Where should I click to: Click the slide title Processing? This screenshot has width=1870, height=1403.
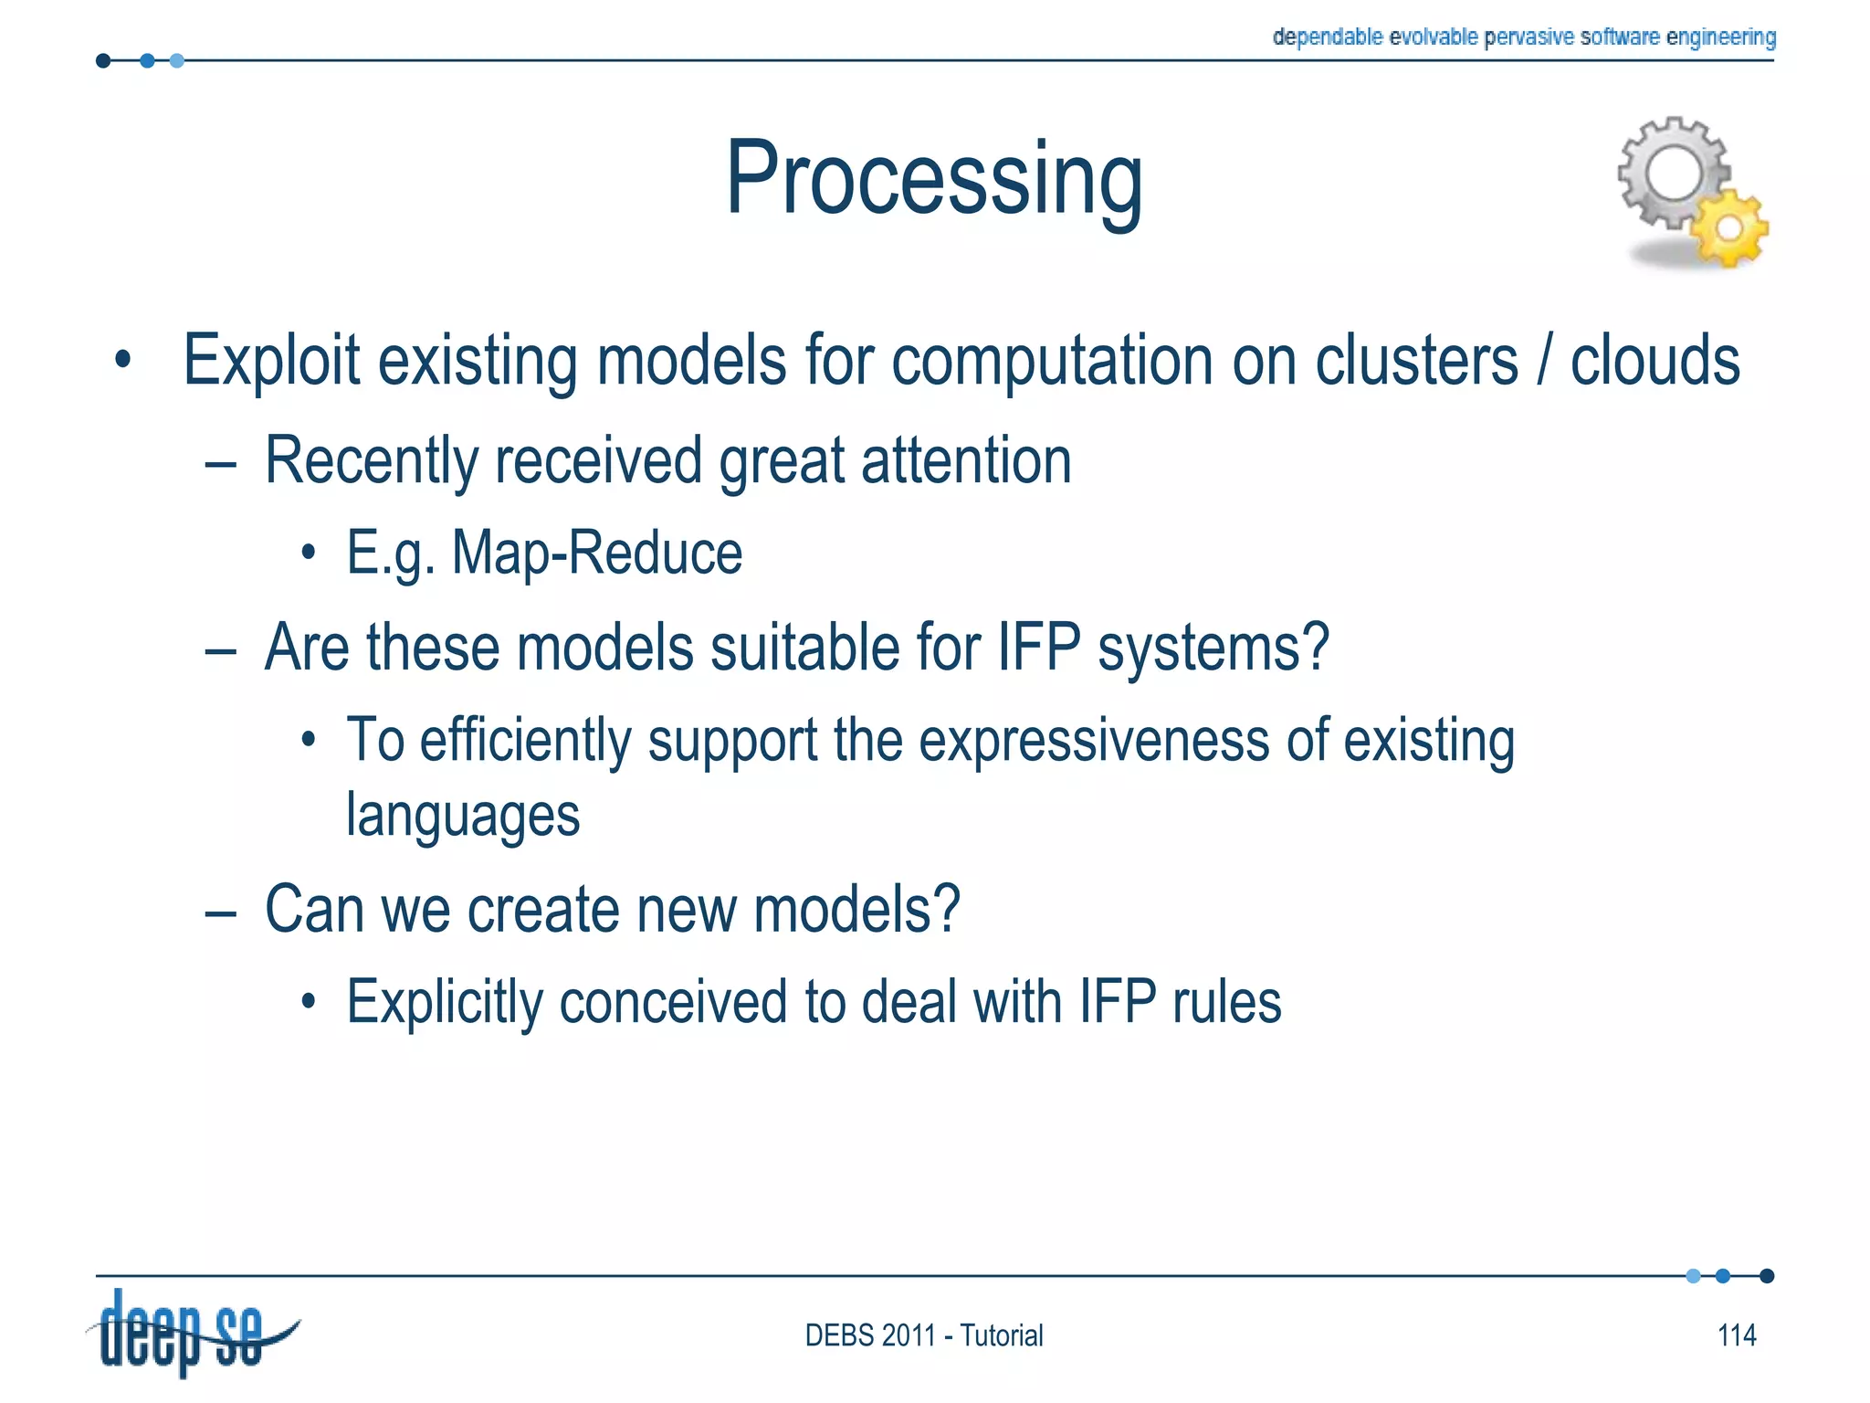[933, 178]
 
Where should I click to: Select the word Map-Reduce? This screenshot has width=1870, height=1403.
[597, 553]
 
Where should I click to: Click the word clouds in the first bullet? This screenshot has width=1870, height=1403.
[1655, 361]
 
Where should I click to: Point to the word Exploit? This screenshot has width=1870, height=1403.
[271, 361]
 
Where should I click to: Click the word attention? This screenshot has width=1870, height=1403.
[966, 460]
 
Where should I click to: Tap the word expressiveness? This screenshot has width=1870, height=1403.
[1094, 740]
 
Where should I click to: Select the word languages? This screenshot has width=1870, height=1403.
[463, 815]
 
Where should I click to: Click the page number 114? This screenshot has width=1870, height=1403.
[1736, 1335]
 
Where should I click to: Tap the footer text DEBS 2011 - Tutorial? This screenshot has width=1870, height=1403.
[923, 1335]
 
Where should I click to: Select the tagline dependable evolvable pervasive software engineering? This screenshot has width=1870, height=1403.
[1523, 37]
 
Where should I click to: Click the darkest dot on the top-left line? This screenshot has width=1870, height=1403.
[103, 61]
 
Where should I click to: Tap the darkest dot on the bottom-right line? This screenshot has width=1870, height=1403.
[1766, 1276]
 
